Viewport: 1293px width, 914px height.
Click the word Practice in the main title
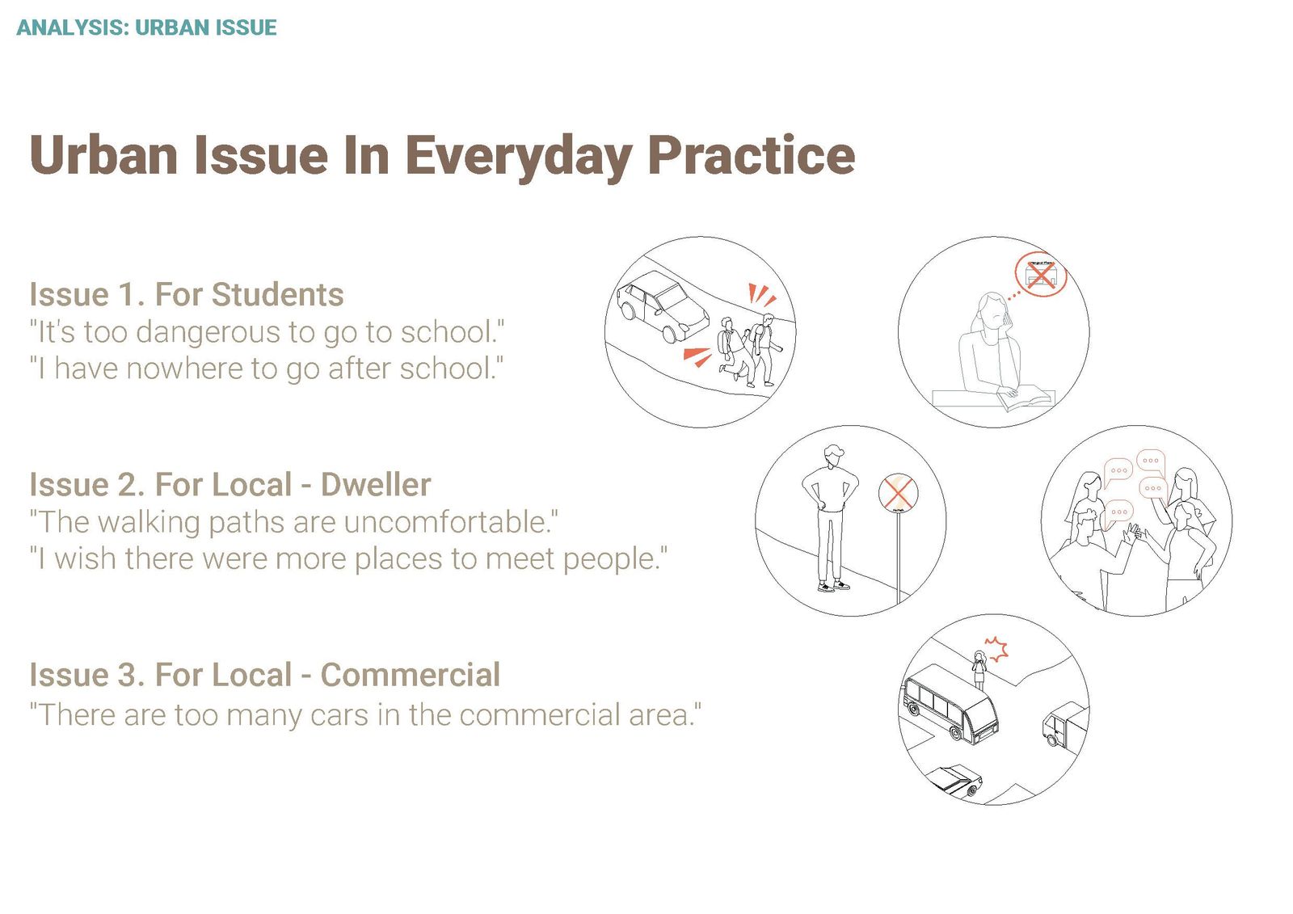751,155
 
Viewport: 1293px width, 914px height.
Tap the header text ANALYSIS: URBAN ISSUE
146,27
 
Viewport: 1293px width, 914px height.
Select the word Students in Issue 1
278,294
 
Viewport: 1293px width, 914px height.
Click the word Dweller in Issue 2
376,484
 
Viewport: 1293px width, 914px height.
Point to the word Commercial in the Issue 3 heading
411,674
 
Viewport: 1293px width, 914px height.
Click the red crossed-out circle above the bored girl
1041,274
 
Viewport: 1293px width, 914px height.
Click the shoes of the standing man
833,586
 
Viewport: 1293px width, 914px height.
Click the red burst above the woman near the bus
996,649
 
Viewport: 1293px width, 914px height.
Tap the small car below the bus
954,781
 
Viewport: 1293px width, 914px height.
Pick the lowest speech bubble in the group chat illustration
1118,512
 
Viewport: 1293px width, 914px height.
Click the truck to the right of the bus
1066,725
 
